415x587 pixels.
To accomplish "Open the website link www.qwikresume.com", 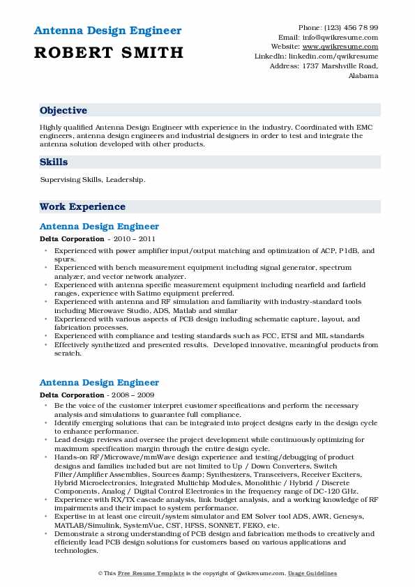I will [x=346, y=47].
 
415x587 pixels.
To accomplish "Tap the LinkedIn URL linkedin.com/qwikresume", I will [x=337, y=56].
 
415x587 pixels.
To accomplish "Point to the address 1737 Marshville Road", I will [x=344, y=66].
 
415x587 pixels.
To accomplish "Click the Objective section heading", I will [x=63, y=111].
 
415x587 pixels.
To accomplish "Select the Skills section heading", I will [x=54, y=162].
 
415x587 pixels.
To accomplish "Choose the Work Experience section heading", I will [x=82, y=206].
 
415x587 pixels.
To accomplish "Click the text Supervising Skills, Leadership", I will [x=93, y=180].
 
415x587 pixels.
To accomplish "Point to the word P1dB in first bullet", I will [x=345, y=250].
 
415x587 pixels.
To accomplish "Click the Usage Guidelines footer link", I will [x=313, y=573].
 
